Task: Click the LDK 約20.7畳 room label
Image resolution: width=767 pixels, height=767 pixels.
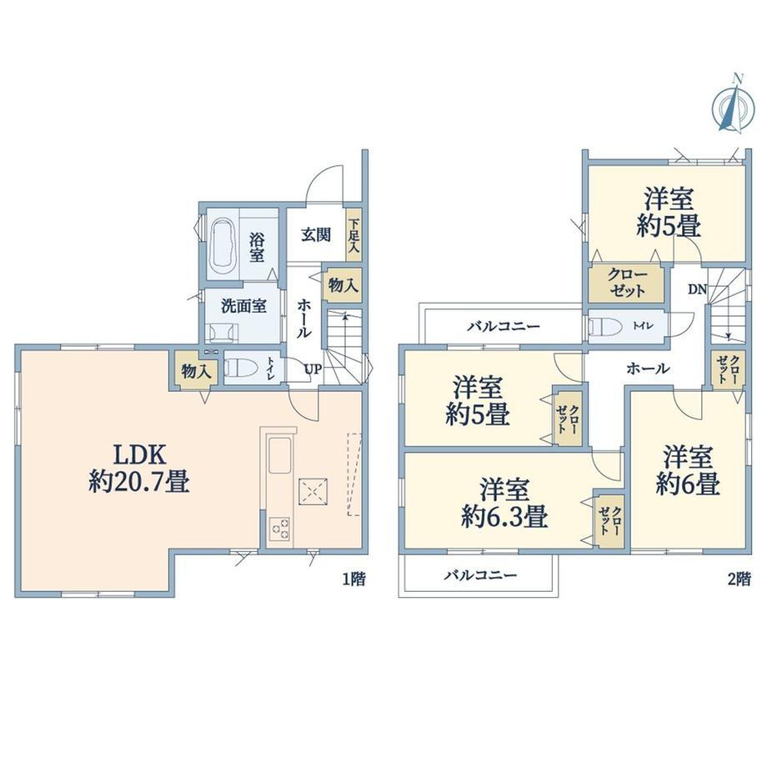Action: [x=139, y=469]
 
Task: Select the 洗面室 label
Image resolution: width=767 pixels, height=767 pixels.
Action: [x=243, y=307]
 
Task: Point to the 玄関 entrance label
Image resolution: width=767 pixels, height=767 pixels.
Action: [x=315, y=235]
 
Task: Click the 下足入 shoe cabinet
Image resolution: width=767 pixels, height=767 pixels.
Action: [x=353, y=235]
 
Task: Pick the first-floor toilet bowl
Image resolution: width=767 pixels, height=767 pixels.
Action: [x=240, y=368]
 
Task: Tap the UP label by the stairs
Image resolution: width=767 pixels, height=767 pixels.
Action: [x=313, y=369]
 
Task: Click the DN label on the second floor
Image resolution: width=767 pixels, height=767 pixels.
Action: [x=698, y=289]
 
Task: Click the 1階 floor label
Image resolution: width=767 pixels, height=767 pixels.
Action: [x=353, y=579]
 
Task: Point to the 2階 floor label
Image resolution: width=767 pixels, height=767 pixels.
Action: [x=739, y=579]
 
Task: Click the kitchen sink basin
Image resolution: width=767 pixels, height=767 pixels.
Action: [x=280, y=455]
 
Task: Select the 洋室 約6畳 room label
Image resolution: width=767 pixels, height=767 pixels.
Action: [x=688, y=470]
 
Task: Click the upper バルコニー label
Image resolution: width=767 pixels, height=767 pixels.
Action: [x=504, y=326]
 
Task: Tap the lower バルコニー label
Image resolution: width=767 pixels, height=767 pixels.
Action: [x=480, y=574]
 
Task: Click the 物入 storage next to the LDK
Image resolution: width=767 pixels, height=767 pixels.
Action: [x=196, y=371]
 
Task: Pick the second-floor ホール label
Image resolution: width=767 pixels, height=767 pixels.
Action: [x=648, y=368]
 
